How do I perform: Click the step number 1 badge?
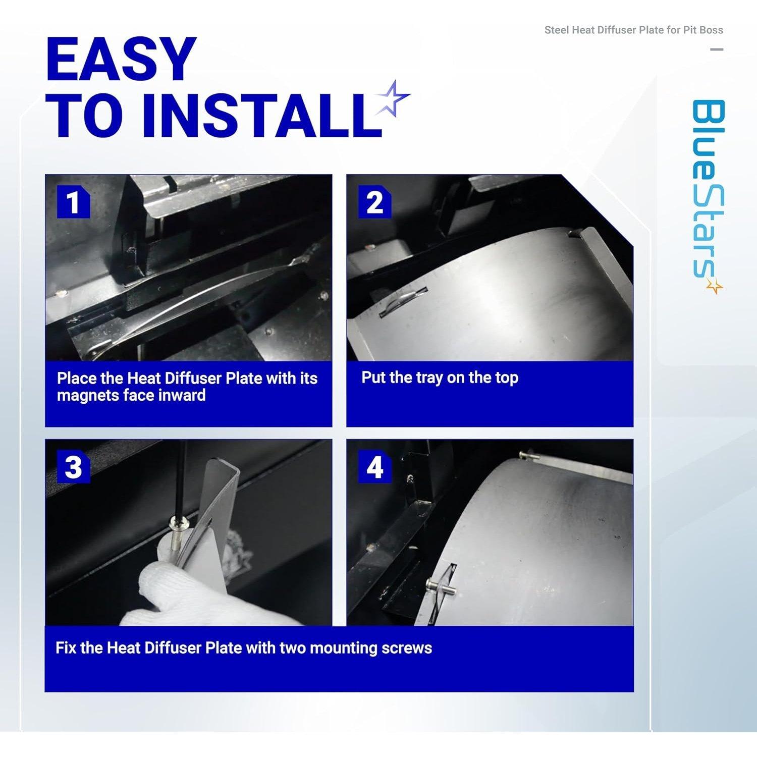tap(73, 202)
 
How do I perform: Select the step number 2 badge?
tap(374, 202)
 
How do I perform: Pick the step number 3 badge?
tap(73, 467)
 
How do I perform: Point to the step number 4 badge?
tap(374, 467)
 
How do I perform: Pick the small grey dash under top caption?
tap(717, 49)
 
